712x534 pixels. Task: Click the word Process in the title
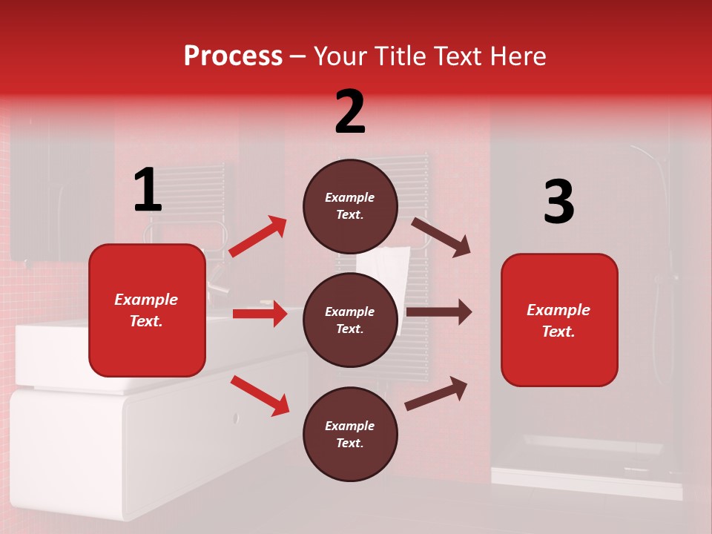pyautogui.click(x=233, y=56)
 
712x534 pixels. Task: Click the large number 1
pyautogui.click(x=148, y=191)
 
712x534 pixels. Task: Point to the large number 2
pyautogui.click(x=350, y=112)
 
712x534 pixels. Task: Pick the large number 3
pyautogui.click(x=558, y=202)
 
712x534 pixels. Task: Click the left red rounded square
pyautogui.click(x=147, y=310)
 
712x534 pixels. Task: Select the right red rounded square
pyautogui.click(x=559, y=320)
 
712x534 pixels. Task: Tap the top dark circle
pyautogui.click(x=350, y=206)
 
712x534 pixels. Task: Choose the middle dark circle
pyautogui.click(x=350, y=320)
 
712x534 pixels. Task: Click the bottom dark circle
pyautogui.click(x=350, y=435)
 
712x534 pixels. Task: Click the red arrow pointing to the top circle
pyautogui.click(x=257, y=237)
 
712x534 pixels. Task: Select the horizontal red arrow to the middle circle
pyautogui.click(x=260, y=314)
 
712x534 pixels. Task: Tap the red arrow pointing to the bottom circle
pyautogui.click(x=260, y=395)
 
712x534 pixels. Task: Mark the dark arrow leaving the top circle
pyautogui.click(x=441, y=237)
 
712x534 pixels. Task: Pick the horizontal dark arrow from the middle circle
pyautogui.click(x=438, y=312)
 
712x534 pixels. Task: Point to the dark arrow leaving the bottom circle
pyautogui.click(x=436, y=393)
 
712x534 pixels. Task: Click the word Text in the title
pyautogui.click(x=459, y=56)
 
